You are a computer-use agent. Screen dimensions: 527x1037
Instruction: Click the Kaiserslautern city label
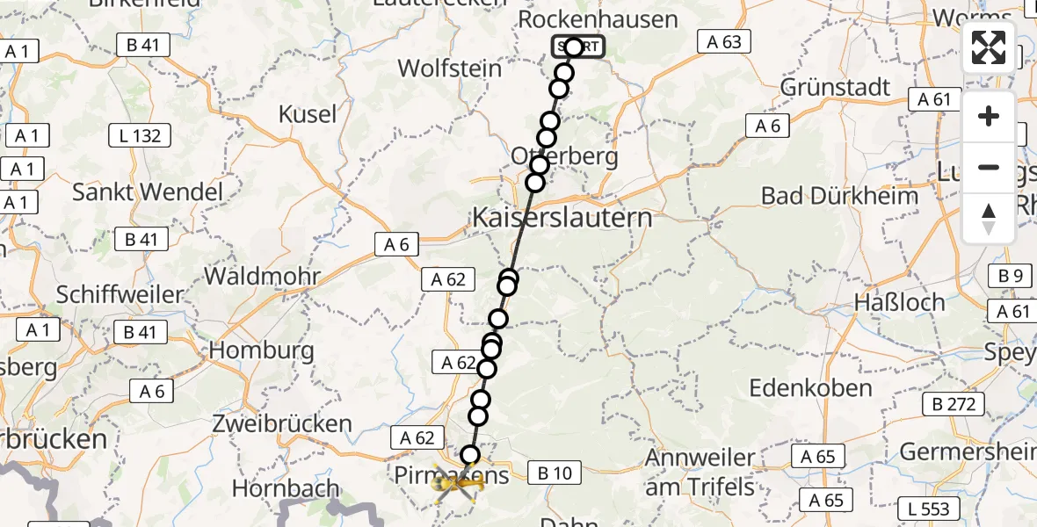click(x=563, y=218)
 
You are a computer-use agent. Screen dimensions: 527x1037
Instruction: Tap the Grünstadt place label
click(x=835, y=88)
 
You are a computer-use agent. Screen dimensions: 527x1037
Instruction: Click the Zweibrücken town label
click(x=282, y=423)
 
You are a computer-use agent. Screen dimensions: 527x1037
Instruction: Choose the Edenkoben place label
click(x=810, y=387)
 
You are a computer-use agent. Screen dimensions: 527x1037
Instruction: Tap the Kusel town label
click(x=308, y=114)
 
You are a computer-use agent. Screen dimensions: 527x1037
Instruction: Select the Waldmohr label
click(x=262, y=276)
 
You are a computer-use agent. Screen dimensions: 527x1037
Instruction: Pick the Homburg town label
click(x=261, y=350)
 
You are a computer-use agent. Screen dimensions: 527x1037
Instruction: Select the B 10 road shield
click(x=555, y=473)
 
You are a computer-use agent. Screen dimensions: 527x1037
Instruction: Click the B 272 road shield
click(x=953, y=404)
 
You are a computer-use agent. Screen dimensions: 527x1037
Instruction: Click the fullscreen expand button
click(x=989, y=47)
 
